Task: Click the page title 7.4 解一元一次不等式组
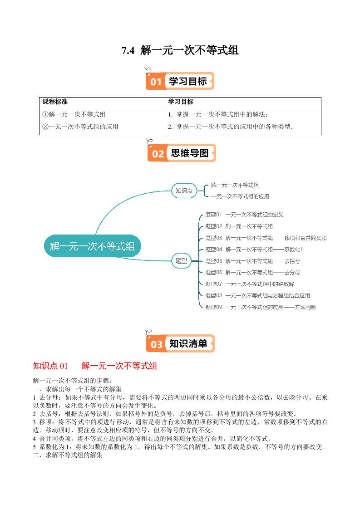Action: click(180, 50)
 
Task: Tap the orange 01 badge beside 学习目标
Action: click(156, 82)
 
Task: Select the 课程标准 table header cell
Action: click(55, 102)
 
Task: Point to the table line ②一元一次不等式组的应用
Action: click(80, 127)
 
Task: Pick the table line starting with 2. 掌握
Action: click(230, 127)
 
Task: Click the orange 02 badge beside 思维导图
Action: click(158, 154)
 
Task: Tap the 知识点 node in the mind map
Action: click(184, 191)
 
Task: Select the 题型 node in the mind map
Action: click(183, 261)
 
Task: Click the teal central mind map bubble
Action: click(92, 247)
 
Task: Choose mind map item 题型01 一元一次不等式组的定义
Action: click(244, 215)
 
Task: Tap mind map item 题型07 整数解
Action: click(249, 284)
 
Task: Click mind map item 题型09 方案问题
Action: click(260, 307)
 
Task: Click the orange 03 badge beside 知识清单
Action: click(157, 344)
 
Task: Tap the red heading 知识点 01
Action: click(50, 366)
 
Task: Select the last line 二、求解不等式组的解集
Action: click(68, 455)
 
